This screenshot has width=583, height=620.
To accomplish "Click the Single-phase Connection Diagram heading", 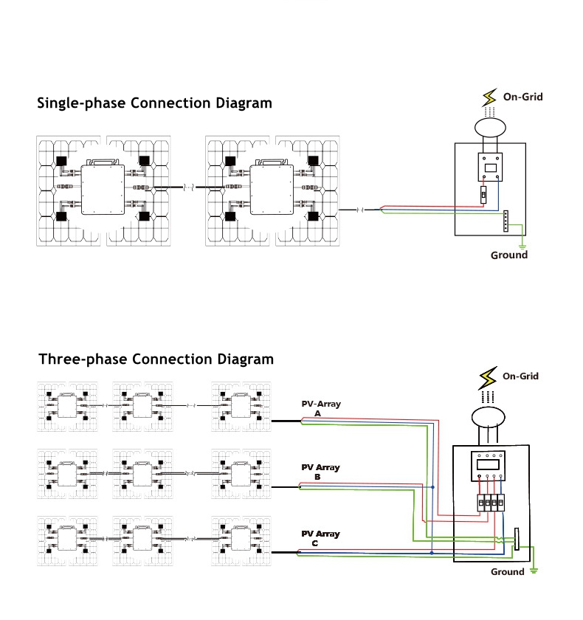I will point(154,103).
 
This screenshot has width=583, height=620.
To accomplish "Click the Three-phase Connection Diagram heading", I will point(156,359).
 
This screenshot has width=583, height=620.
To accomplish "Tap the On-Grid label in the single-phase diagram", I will point(522,97).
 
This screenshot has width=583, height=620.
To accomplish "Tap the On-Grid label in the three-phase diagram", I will point(520,376).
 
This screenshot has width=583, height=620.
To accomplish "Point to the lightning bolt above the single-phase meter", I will point(488,97).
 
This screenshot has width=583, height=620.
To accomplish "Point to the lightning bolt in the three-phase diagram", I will point(488,378).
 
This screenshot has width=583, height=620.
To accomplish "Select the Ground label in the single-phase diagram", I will point(509,255).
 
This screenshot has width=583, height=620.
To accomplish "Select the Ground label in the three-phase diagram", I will point(508,572).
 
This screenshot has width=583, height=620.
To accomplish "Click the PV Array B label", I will point(320,472).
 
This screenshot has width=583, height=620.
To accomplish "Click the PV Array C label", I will point(320,538).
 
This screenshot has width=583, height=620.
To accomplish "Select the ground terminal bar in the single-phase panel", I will point(506,221).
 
